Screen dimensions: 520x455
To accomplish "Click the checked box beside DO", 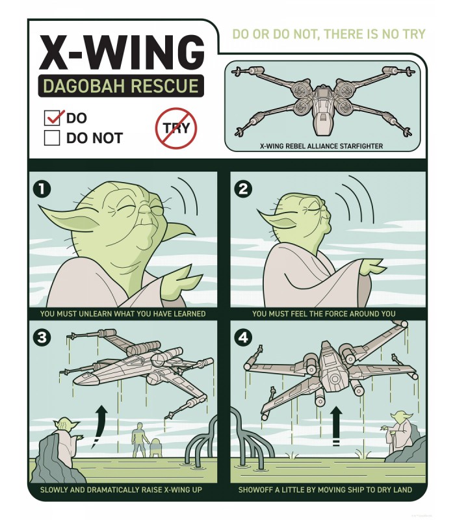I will (52, 118).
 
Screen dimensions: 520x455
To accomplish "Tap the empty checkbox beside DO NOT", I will (52, 138).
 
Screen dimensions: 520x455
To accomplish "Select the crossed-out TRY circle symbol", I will (175, 128).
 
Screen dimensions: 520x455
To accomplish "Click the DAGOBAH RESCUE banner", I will (120, 86).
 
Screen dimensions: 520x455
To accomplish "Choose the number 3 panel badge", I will (42, 338).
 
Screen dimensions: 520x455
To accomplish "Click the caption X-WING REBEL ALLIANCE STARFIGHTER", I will (321, 146).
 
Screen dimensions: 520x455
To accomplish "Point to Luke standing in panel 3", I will (138, 439).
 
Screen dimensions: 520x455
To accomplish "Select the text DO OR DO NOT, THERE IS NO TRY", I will (328, 34).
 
